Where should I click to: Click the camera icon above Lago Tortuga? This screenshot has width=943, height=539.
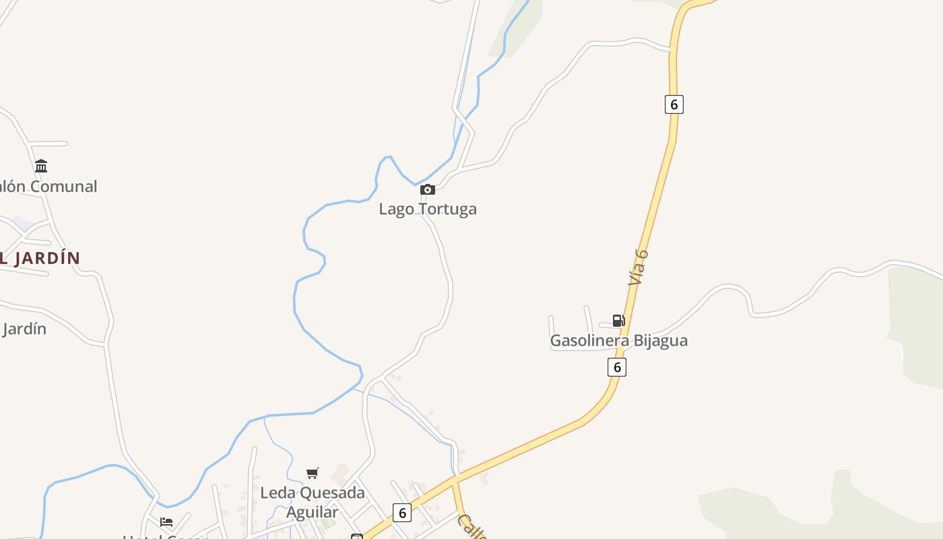coord(428,190)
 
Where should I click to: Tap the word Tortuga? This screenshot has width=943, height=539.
coord(448,209)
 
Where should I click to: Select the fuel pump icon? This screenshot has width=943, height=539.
coord(618,321)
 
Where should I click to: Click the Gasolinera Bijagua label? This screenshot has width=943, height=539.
coord(618,340)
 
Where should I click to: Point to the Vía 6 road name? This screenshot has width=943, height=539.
coord(638,267)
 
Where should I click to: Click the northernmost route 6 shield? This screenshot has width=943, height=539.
coord(674,104)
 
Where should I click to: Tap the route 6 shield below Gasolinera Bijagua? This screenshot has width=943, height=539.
coord(616,367)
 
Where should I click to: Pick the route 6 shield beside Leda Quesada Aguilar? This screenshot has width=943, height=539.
coord(401,513)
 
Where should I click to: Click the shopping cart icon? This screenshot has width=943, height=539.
coord(312,473)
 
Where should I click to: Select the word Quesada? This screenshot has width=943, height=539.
coord(329,493)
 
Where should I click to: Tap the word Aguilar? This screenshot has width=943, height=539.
coord(313,512)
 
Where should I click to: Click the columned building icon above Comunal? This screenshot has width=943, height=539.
coord(41,166)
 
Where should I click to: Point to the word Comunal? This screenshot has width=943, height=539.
coord(64,187)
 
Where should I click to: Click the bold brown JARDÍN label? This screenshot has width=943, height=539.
coord(47,258)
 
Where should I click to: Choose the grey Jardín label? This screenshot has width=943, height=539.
coord(24,329)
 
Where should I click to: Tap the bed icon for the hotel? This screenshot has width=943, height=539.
coord(166,521)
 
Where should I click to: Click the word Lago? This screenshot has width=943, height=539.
coord(396,209)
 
